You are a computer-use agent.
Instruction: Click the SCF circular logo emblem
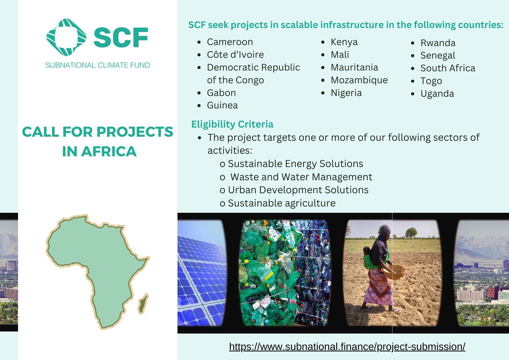point(66,37)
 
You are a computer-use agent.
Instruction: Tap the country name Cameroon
point(229,42)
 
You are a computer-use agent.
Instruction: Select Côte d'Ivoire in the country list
point(235,55)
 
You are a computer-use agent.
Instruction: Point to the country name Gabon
point(221,93)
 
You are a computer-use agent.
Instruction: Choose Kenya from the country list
point(344,42)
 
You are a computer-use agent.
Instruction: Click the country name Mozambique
point(359,80)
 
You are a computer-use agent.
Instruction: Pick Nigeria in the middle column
point(346,93)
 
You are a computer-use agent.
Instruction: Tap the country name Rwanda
point(438,43)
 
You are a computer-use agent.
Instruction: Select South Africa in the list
point(447,68)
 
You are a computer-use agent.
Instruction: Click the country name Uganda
point(437,94)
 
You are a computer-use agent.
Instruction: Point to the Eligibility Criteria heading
point(232,124)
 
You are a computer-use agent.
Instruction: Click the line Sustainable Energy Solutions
point(295,164)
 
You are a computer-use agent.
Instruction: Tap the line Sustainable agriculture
point(282,203)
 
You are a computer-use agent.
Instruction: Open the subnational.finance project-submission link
point(347,346)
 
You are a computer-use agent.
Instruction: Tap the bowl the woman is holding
point(394,272)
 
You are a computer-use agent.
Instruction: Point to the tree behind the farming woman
point(411,232)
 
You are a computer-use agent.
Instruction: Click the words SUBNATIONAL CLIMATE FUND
point(98,65)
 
